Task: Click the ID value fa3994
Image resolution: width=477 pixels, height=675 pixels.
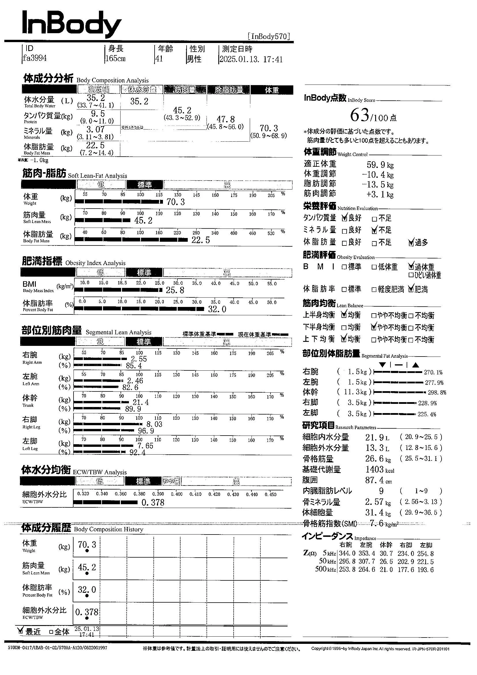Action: pyautogui.click(x=35, y=58)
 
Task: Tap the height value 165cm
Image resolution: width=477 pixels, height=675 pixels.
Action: pyautogui.click(x=116, y=59)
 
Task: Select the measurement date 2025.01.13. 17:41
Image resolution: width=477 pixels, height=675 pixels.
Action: pyautogui.click(x=251, y=59)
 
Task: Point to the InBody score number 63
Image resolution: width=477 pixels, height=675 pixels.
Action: pyautogui.click(x=359, y=116)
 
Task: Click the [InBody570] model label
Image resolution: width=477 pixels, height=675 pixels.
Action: pyautogui.click(x=269, y=36)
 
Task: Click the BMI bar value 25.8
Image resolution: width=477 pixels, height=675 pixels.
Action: pyautogui.click(x=175, y=290)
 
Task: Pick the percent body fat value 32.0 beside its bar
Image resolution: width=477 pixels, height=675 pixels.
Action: pyautogui.click(x=217, y=309)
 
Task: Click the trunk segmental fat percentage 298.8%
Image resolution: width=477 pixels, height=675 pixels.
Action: pyautogui.click(x=437, y=393)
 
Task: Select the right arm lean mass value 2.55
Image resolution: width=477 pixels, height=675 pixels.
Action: pyautogui.click(x=139, y=359)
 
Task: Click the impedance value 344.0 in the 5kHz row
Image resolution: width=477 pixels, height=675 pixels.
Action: pyautogui.click(x=347, y=554)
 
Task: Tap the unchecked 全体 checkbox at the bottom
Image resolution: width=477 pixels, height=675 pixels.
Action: pyautogui.click(x=51, y=631)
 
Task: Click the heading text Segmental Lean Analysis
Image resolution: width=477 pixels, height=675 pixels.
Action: pyautogui.click(x=119, y=333)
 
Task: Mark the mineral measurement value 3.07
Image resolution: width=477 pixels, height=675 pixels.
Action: pyautogui.click(x=95, y=129)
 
